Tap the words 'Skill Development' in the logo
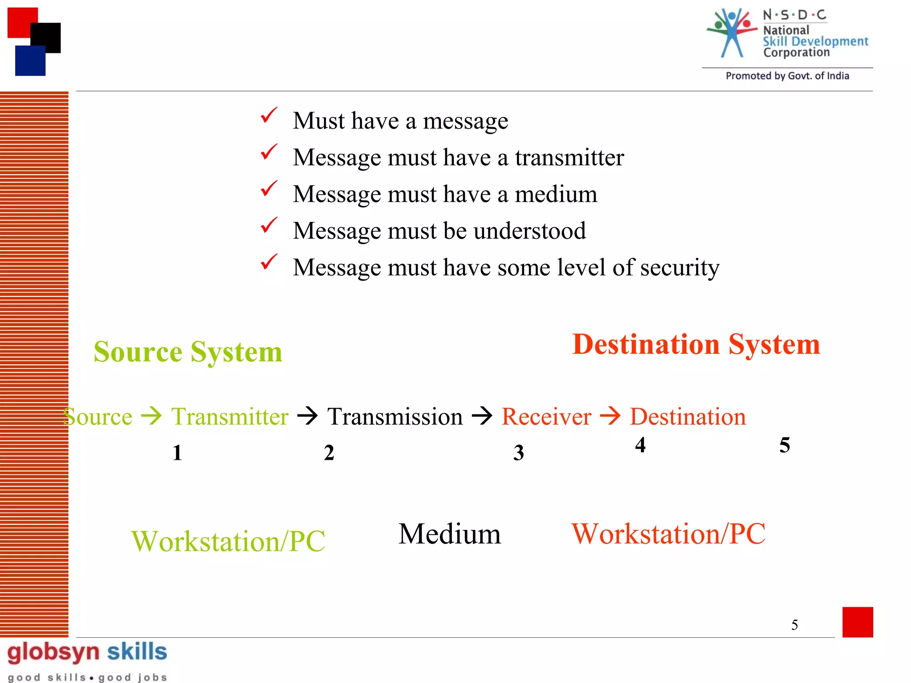[815, 42]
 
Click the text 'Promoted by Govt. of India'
[787, 76]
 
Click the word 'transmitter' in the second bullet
[569, 158]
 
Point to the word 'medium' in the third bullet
[556, 194]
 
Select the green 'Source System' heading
[188, 352]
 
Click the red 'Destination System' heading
[696, 345]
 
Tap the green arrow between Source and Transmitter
[151, 416]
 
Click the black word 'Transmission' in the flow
[395, 417]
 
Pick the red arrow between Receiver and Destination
[610, 416]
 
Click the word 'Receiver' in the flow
[546, 417]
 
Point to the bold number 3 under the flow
[518, 453]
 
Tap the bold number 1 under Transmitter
[177, 453]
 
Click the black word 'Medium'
[449, 534]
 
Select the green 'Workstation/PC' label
[228, 542]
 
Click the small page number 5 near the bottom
[794, 625]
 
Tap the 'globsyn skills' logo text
[87, 652]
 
